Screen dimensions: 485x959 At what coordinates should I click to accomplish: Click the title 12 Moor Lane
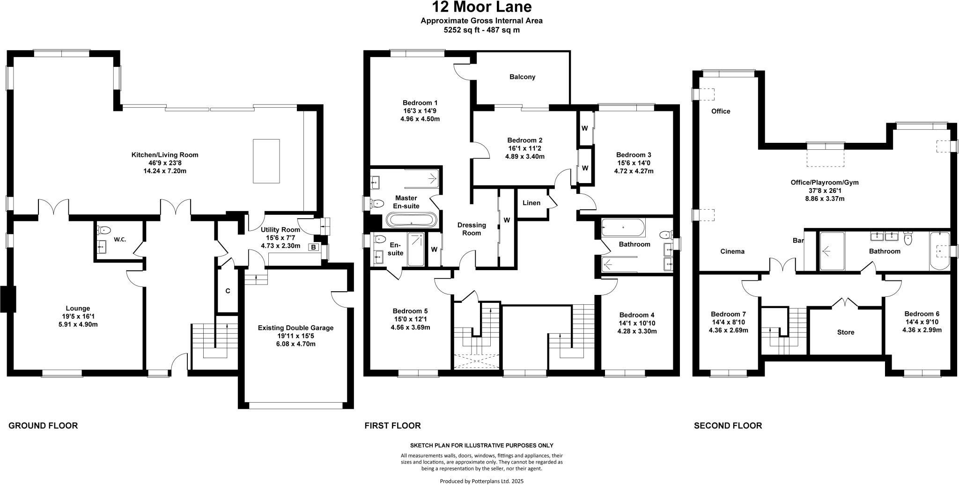(x=481, y=7)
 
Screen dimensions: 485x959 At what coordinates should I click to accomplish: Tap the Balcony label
(x=522, y=77)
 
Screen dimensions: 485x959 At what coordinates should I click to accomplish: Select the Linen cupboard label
(x=531, y=203)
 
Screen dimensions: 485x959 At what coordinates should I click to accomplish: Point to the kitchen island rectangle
(x=266, y=161)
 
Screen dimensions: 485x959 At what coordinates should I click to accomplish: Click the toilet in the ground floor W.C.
(x=104, y=230)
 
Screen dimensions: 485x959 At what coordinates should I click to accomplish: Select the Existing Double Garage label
(x=295, y=328)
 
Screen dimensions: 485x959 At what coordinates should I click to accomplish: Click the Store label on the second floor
(x=845, y=332)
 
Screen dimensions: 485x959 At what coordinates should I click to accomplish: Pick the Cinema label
(x=732, y=251)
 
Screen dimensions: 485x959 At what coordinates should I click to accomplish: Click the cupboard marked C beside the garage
(x=228, y=291)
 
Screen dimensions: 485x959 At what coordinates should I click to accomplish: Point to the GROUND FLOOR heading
(x=43, y=426)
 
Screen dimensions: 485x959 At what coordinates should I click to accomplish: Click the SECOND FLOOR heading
(x=728, y=426)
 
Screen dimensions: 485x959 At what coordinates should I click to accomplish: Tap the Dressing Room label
(x=472, y=228)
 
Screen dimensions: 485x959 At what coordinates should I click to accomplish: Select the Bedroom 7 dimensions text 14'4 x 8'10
(x=728, y=322)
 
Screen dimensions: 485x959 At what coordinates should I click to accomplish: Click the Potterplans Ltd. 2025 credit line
(x=481, y=481)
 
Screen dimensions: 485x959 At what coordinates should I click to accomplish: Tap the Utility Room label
(x=280, y=229)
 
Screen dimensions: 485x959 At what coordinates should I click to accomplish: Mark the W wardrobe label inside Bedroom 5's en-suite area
(x=434, y=250)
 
